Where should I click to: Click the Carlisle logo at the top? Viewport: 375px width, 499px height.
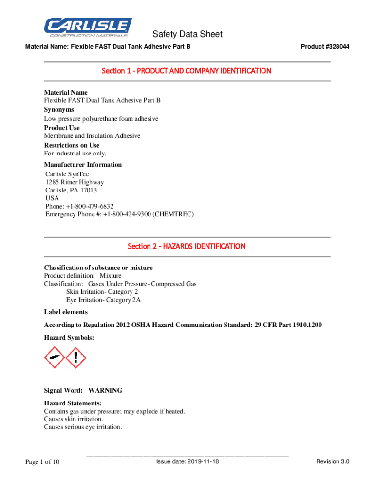tap(88, 27)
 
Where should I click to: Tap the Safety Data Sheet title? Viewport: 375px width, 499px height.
tap(187, 34)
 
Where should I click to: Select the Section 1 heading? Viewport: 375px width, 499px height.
tap(187, 71)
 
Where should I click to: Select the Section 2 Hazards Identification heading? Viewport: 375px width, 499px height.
tap(187, 247)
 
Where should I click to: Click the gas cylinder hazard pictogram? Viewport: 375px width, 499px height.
tap(55, 358)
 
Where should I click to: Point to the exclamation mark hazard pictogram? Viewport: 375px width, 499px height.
tap(75, 358)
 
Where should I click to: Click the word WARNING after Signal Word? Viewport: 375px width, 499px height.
tap(105, 391)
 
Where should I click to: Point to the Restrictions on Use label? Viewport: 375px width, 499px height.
tap(72, 145)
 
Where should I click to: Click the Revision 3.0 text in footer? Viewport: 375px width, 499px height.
tap(333, 461)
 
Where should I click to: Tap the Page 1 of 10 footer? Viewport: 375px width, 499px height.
tap(42, 462)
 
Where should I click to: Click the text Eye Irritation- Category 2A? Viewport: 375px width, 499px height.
tap(104, 300)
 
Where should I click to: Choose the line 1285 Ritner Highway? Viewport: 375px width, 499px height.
tap(75, 182)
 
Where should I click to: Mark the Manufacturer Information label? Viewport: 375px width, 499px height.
tap(83, 165)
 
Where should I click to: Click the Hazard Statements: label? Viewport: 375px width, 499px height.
tap(73, 403)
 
